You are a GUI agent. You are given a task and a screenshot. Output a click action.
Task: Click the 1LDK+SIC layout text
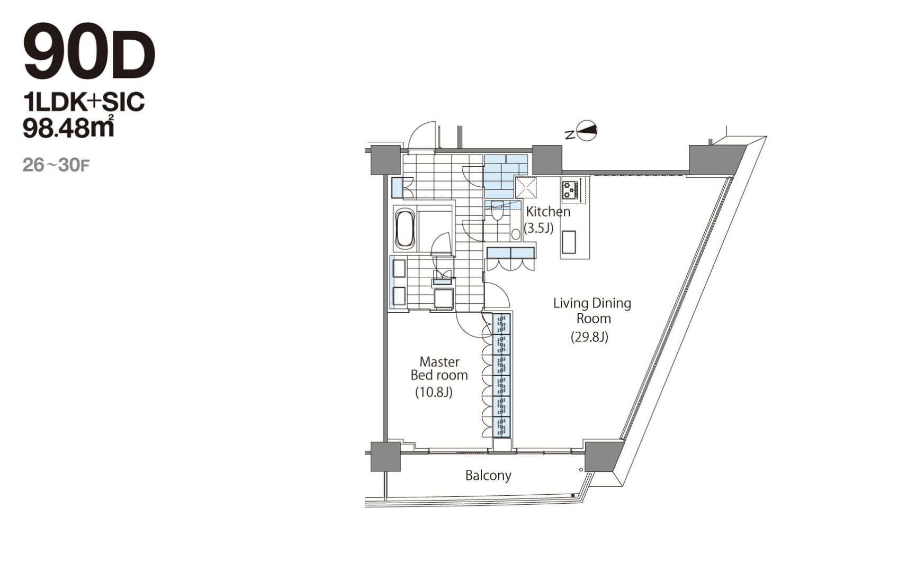84,101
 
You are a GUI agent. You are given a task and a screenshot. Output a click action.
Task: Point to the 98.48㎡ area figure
68,127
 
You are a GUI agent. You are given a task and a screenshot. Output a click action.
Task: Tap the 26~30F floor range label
56,165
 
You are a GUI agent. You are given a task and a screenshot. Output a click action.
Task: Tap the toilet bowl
497,213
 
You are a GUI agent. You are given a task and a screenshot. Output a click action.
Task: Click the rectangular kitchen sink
569,242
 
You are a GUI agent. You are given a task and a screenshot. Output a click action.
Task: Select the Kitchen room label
548,212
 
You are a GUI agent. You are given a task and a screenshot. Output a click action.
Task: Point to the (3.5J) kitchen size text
538,228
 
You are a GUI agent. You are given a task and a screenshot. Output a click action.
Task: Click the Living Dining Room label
592,311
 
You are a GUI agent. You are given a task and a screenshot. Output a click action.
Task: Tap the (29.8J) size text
589,337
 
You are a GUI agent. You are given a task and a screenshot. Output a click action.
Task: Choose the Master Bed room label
439,368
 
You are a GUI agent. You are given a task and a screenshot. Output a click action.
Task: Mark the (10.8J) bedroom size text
434,392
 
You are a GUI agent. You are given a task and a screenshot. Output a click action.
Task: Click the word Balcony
488,475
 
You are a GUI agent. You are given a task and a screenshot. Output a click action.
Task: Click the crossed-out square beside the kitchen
526,188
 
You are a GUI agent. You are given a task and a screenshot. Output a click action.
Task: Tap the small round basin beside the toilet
516,234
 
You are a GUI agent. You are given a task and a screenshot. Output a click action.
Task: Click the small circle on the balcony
581,469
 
